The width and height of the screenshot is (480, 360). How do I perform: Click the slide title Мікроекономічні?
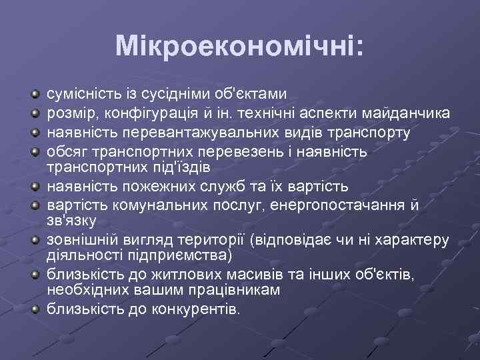click(239, 45)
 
